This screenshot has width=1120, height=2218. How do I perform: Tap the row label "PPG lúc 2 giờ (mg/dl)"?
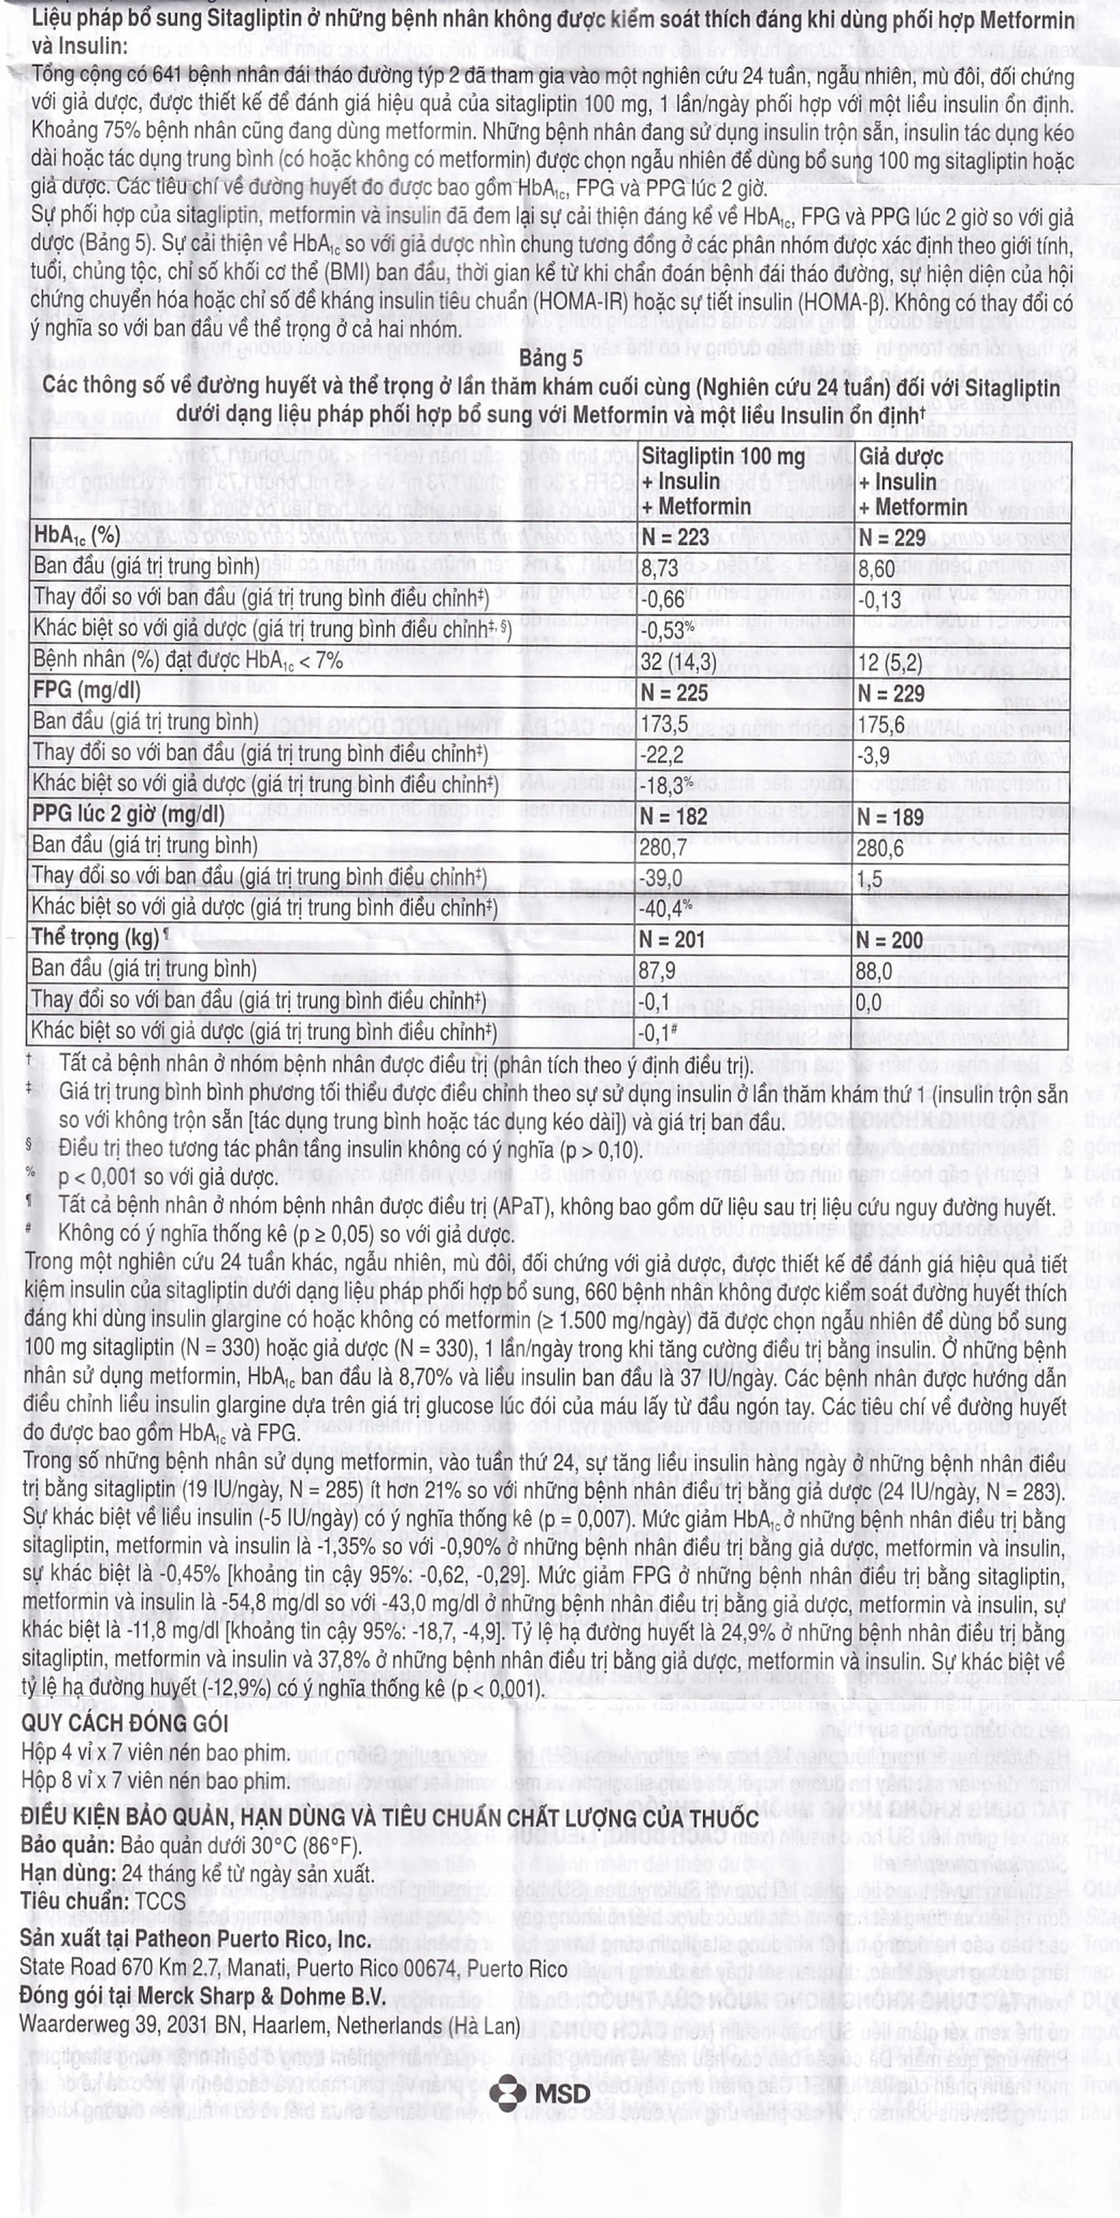[x=127, y=814]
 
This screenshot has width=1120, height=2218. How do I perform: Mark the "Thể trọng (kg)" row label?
[x=96, y=937]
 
